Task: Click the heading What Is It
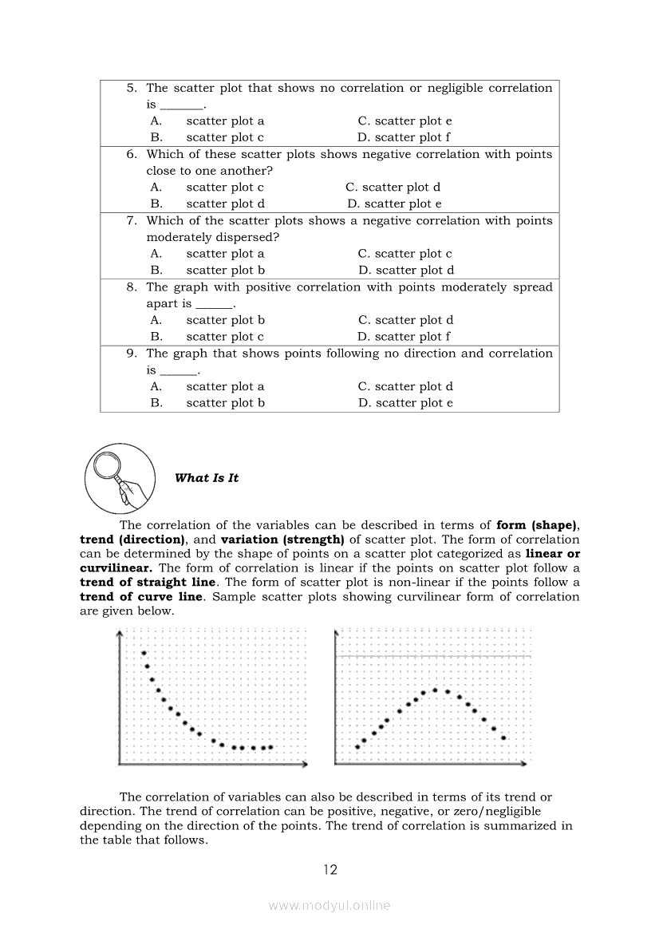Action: (206, 478)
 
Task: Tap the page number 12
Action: (330, 870)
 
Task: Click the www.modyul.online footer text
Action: (329, 906)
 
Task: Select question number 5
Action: (132, 88)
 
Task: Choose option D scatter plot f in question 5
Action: (404, 137)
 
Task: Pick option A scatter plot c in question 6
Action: (225, 187)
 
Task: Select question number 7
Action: (132, 220)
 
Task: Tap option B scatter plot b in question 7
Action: (225, 270)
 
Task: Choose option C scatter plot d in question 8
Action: (405, 320)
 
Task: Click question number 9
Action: (132, 353)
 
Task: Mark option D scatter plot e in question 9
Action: (404, 403)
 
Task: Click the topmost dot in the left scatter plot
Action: (144, 653)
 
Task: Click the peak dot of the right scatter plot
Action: (435, 690)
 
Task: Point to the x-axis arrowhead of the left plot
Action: (305, 765)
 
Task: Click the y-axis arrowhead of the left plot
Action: (119, 634)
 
